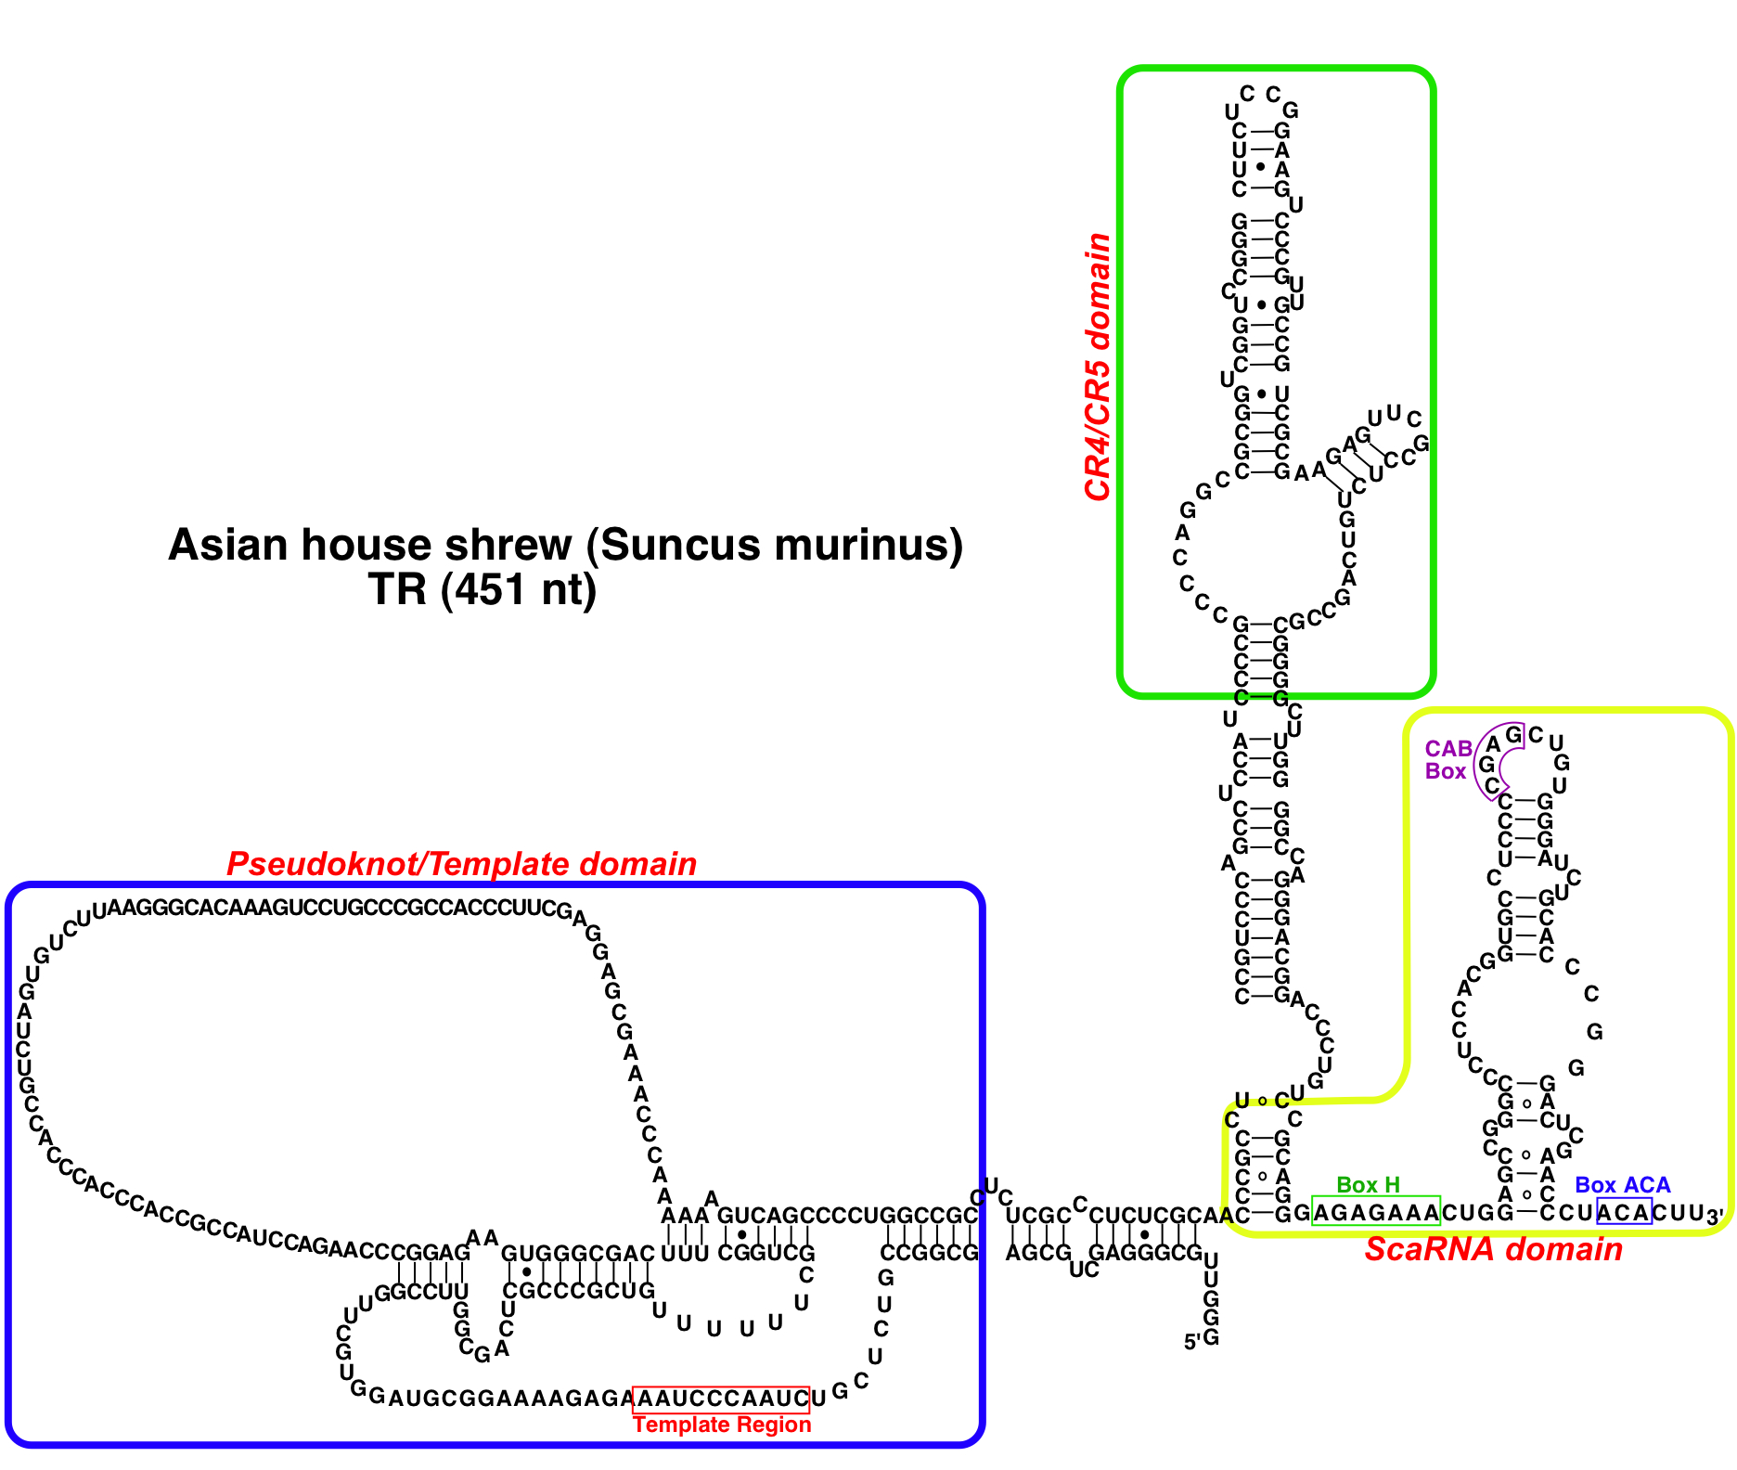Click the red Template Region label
pyautogui.click(x=722, y=1425)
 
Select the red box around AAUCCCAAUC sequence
pyautogui.click(x=721, y=1399)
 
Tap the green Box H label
pyautogui.click(x=1368, y=1185)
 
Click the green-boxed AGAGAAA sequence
pyautogui.click(x=1376, y=1212)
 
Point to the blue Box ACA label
pyautogui.click(x=1622, y=1185)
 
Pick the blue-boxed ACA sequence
pyautogui.click(x=1624, y=1212)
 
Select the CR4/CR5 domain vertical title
pyautogui.click(x=1098, y=367)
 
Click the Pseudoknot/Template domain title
pyautogui.click(x=461, y=864)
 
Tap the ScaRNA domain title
pyautogui.click(x=1493, y=1249)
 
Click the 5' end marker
pyautogui.click(x=1191, y=1342)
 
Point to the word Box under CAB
pyautogui.click(x=1446, y=771)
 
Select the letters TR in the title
pyautogui.click(x=397, y=589)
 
